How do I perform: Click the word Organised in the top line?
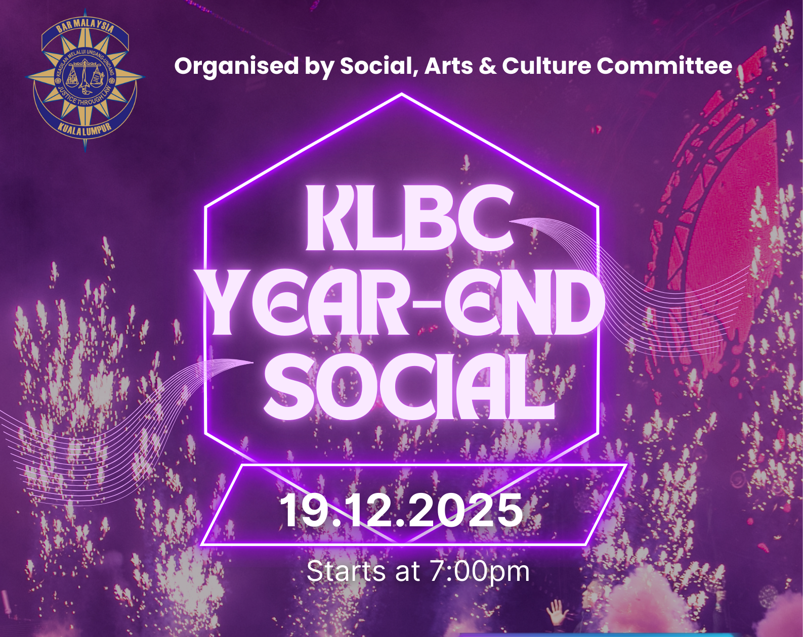click(236, 66)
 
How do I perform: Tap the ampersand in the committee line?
click(488, 66)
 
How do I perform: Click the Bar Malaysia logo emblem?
click(85, 80)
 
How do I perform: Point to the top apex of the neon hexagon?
click(402, 95)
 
